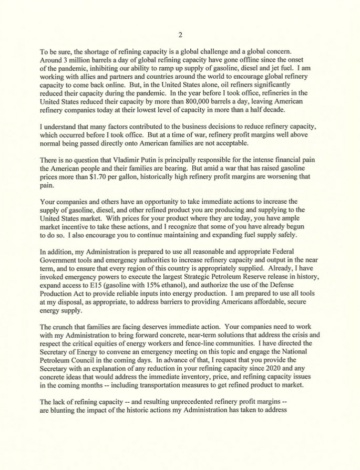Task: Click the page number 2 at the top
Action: [180, 35]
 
